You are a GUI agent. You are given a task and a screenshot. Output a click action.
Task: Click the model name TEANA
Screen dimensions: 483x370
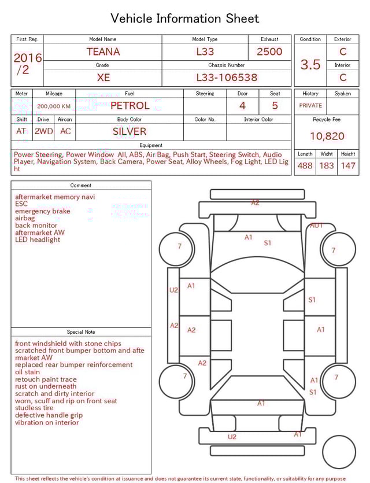tap(103, 51)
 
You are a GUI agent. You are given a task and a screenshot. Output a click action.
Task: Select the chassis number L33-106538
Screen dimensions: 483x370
tap(226, 78)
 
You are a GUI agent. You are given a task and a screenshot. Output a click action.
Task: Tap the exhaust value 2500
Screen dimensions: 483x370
tap(269, 51)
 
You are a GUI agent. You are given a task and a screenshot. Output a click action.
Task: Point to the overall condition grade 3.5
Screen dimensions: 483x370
tap(310, 64)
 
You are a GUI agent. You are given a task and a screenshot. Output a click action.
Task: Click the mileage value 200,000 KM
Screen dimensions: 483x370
tap(54, 106)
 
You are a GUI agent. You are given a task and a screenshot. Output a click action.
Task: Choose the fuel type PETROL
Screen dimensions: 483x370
tap(129, 105)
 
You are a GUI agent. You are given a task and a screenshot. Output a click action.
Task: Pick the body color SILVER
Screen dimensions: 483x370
tap(129, 131)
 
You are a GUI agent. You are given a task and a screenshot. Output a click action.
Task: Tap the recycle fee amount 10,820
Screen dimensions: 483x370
tap(327, 137)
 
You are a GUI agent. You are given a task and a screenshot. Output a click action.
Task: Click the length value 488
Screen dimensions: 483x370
tap(305, 165)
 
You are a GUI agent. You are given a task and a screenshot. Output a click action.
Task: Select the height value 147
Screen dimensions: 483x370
tap(347, 165)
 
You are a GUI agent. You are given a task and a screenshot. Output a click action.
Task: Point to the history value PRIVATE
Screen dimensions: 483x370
tap(310, 106)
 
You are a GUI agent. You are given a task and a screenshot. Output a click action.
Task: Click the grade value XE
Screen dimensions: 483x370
tap(103, 78)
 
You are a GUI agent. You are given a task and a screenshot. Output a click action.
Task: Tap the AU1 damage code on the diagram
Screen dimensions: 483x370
tap(316, 225)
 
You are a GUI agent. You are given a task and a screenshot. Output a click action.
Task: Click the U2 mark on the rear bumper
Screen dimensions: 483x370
tap(232, 437)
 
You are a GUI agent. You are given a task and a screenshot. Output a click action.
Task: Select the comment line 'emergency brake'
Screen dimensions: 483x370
tap(43, 211)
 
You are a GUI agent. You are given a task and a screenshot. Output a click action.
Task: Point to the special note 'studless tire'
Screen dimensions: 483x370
tap(36, 408)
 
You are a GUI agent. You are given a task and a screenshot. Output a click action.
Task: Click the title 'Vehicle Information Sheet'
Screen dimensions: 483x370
tap(185, 18)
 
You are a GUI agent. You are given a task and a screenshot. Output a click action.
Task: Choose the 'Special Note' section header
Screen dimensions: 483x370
tap(81, 332)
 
